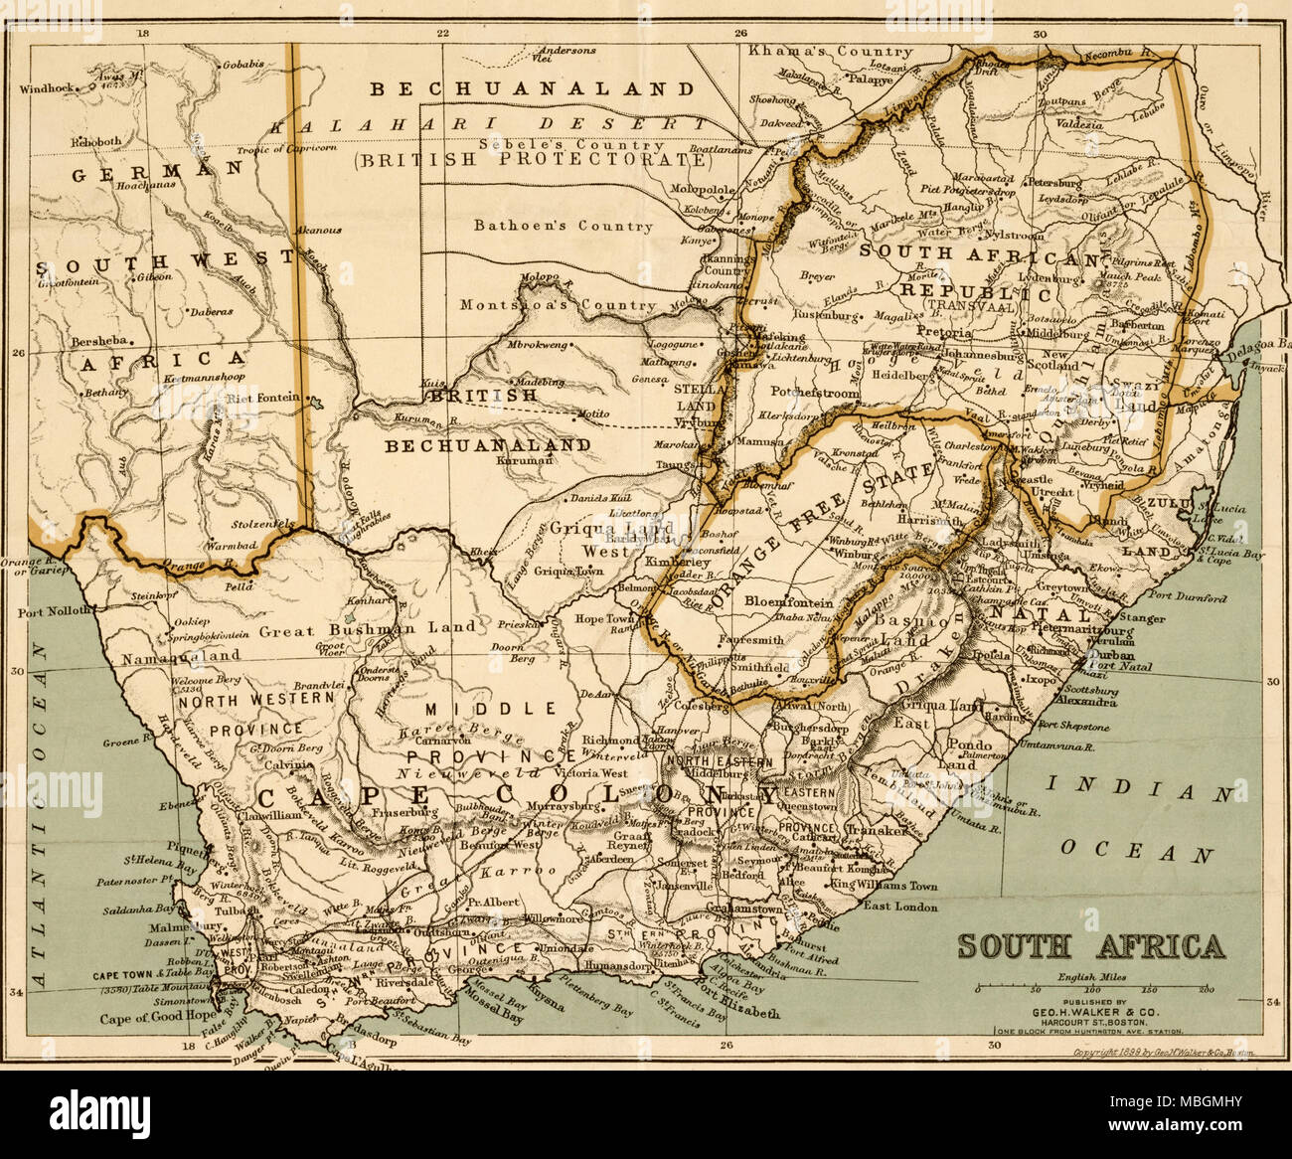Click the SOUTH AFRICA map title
[x=1090, y=946]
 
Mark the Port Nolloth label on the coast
[x=56, y=611]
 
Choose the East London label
[x=900, y=907]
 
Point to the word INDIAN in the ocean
[x=1143, y=791]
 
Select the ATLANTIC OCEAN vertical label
[x=41, y=815]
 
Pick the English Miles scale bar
[x=1091, y=990]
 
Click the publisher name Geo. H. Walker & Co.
[x=1091, y=1012]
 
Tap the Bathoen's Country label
[x=564, y=226]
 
